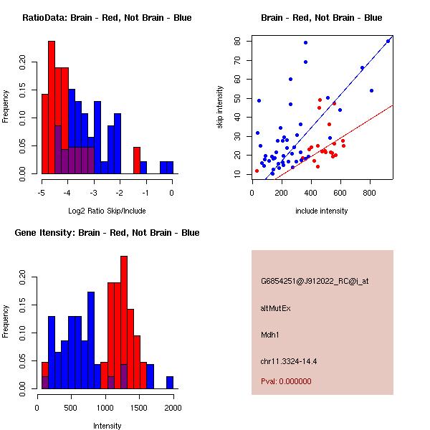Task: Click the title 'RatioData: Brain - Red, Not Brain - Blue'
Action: tap(107, 17)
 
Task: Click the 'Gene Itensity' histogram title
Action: tap(107, 232)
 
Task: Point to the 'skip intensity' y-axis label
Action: tap(221, 107)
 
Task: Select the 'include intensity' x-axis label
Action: tap(322, 211)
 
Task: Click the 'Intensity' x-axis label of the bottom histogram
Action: tap(107, 426)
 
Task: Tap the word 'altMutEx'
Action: tap(276, 308)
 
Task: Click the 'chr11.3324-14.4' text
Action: tap(289, 361)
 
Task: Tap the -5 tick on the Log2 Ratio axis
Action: tap(42, 191)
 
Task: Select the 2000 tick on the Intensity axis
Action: tap(173, 406)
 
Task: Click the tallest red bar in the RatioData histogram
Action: tap(52, 107)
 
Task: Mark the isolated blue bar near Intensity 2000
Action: tap(170, 383)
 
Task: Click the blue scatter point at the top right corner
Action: tap(388, 41)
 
